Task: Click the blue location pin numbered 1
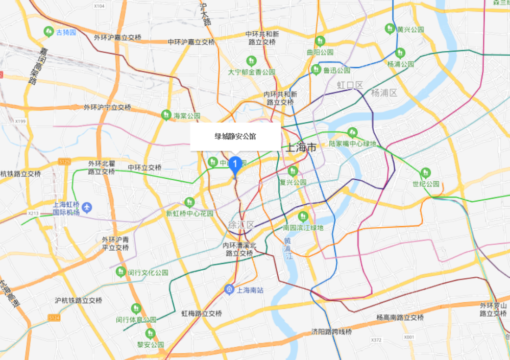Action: click(235, 165)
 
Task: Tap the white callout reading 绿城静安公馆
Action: click(235, 137)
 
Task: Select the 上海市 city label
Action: click(301, 148)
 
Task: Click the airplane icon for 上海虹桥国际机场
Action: click(88, 207)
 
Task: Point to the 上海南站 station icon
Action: click(230, 290)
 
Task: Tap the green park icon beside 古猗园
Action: click(48, 31)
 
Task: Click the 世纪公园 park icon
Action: click(425, 172)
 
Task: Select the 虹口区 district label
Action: click(350, 85)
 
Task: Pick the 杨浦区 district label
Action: click(384, 92)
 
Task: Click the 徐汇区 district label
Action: click(240, 225)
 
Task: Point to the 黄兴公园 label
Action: click(410, 29)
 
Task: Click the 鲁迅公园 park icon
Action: click(316, 69)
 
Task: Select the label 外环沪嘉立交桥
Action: click(117, 38)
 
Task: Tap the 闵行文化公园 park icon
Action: click(121, 272)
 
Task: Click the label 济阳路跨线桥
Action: click(332, 332)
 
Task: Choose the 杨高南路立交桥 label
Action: click(400, 318)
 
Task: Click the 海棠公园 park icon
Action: click(166, 115)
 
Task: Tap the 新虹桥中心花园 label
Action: click(189, 213)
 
